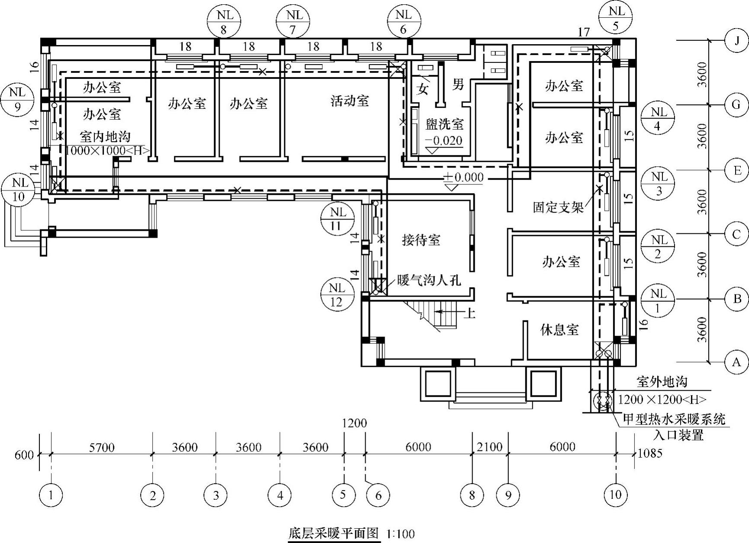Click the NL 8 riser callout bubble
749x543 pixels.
tap(224, 22)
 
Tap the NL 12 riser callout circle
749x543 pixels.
tap(337, 295)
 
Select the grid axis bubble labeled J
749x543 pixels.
tap(736, 40)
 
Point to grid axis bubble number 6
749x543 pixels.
tap(378, 495)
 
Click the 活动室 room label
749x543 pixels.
tap(350, 101)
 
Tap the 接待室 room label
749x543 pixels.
tap(421, 240)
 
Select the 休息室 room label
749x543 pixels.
tap(559, 330)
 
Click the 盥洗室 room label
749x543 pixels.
tap(444, 125)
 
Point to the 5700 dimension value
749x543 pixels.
tap(102, 447)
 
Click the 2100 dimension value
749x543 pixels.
tap(489, 447)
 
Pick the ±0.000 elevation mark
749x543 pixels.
tap(463, 178)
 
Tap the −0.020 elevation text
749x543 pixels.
tap(444, 140)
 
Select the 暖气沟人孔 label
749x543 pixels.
tap(429, 280)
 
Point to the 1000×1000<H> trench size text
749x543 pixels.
tap(107, 150)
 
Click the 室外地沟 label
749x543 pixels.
tap(662, 381)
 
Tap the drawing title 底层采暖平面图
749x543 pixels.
tap(334, 533)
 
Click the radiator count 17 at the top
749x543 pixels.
tap(583, 32)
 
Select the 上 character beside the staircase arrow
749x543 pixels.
tap(469, 313)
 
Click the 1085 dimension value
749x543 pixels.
tap(650, 453)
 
